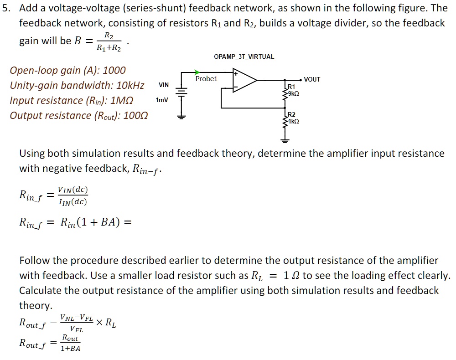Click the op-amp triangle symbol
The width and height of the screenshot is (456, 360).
click(x=244, y=80)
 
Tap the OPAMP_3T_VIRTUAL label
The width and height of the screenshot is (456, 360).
click(x=244, y=57)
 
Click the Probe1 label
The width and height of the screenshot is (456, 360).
click(x=206, y=79)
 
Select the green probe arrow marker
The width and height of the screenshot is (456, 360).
click(x=197, y=72)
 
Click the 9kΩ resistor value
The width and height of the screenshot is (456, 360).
click(x=293, y=93)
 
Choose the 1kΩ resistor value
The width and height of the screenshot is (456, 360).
click(x=293, y=122)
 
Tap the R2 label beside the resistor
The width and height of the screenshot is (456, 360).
click(x=291, y=114)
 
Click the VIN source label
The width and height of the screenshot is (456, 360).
click(x=163, y=85)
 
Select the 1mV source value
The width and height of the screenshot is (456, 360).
click(x=162, y=99)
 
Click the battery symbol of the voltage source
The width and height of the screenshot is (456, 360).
click(x=181, y=93)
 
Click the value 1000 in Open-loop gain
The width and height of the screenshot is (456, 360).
click(x=114, y=71)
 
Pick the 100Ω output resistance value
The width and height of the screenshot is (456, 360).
click(x=135, y=116)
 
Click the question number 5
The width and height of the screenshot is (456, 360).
click(x=5, y=8)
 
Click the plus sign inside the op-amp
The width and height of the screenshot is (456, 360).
click(x=236, y=73)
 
